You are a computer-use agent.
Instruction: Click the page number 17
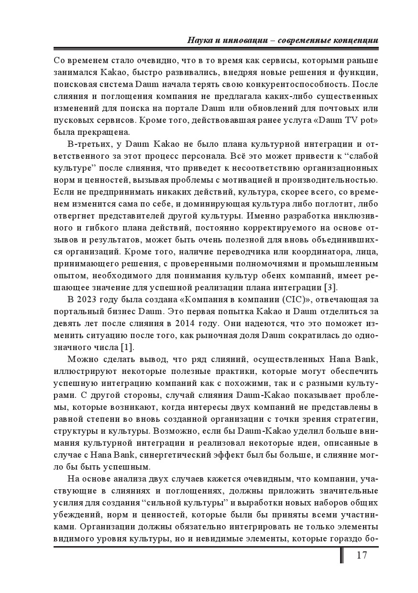tap(362, 555)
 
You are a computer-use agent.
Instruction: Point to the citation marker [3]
tap(330, 287)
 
